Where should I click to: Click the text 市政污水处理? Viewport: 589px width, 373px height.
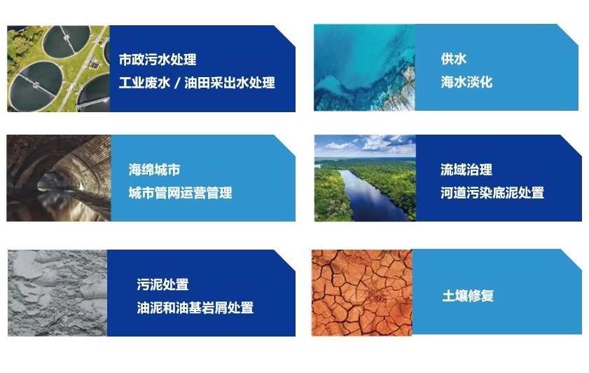(157, 60)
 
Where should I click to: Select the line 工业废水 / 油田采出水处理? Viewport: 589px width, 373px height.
(197, 83)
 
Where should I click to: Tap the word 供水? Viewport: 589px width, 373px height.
(454, 60)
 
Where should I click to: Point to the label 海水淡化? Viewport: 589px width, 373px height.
(466, 82)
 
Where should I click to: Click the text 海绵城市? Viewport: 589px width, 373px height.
(155, 170)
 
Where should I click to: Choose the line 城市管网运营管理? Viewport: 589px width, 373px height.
(180, 192)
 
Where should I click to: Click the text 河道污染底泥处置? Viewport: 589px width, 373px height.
(492, 192)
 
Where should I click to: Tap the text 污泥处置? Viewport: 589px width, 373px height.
(162, 285)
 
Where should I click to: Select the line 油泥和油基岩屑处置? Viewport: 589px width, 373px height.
(195, 307)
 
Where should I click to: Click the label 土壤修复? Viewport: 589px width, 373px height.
(468, 295)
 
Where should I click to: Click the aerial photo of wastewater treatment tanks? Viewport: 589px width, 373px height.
(58, 69)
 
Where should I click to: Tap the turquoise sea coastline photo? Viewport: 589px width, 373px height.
(364, 68)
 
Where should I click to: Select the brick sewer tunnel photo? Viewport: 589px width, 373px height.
(58, 178)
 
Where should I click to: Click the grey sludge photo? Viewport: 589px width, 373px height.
(57, 293)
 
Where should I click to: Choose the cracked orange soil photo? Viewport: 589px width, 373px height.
(362, 292)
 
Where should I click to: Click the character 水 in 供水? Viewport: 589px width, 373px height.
(460, 60)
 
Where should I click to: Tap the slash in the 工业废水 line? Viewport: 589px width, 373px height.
(176, 83)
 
